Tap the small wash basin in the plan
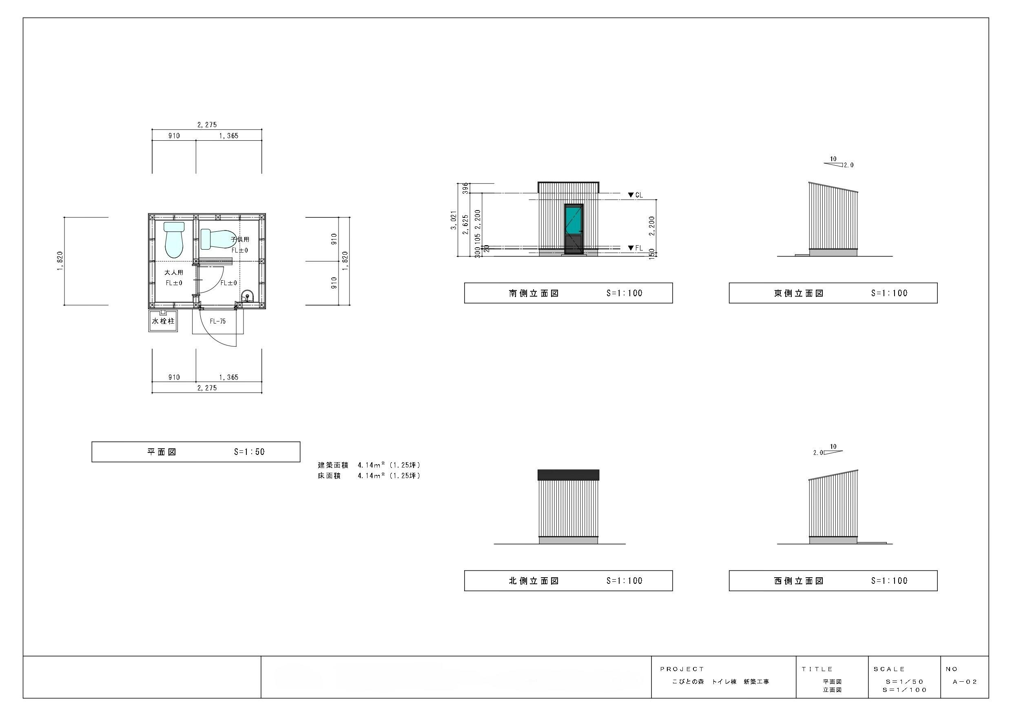(247, 296)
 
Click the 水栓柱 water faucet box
(163, 321)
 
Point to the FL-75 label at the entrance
(218, 321)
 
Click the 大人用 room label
(174, 273)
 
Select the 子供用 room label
(240, 239)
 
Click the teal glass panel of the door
(574, 220)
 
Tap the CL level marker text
(639, 195)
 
